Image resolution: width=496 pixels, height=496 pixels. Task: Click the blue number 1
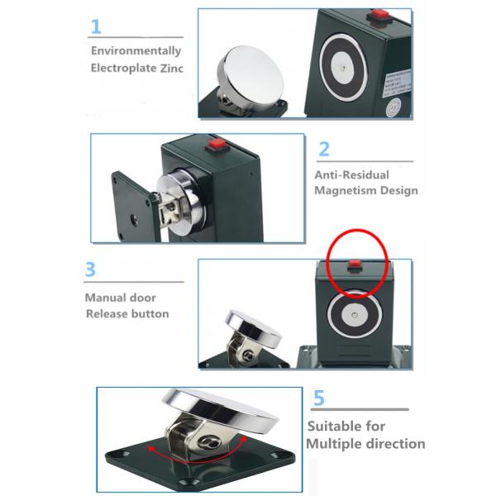(97, 26)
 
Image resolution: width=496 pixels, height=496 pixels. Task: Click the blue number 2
(324, 149)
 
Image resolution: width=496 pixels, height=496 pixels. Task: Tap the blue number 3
(92, 269)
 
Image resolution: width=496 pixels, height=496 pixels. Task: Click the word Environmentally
(136, 50)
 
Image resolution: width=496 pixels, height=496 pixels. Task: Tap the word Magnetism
(345, 191)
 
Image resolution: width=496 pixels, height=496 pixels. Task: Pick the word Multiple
(336, 444)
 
